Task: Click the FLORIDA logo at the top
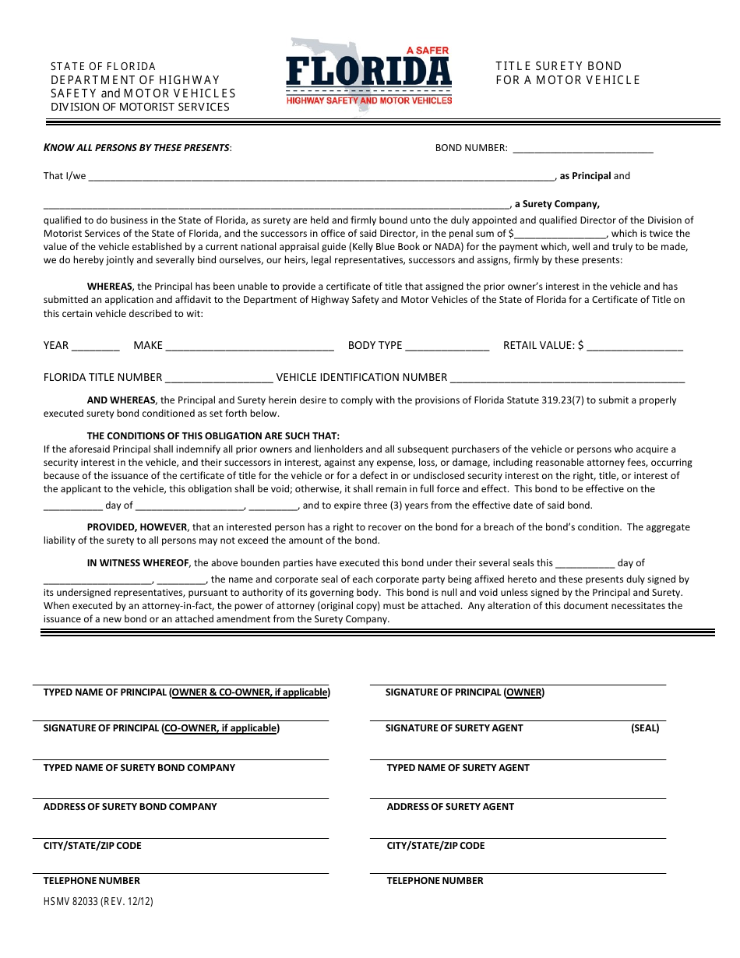(369, 74)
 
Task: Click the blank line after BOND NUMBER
(583, 149)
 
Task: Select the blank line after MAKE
(250, 347)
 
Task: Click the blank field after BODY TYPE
(447, 347)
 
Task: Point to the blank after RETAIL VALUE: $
(635, 347)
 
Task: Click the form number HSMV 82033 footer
(98, 901)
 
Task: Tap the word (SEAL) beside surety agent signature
(645, 728)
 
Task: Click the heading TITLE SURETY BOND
(559, 66)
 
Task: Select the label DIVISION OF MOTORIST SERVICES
(140, 107)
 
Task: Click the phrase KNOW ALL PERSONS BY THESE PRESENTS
(136, 147)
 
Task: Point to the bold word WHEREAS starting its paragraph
(110, 287)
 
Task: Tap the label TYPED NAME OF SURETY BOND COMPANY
(139, 768)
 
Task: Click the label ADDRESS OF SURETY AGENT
(450, 807)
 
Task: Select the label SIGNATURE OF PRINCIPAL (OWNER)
(464, 692)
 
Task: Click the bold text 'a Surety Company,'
(556, 204)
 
